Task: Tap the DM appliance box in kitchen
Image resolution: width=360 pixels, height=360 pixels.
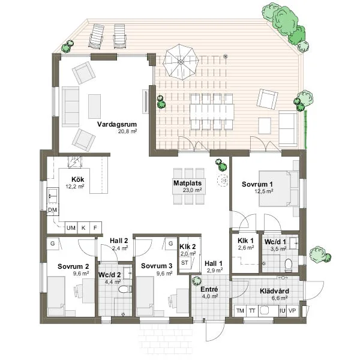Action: [x=52, y=211]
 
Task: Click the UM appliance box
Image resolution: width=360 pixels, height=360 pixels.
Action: [x=71, y=228]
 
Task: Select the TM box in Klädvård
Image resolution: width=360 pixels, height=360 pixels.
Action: [x=239, y=311]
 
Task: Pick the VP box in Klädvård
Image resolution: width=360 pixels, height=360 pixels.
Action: [x=293, y=311]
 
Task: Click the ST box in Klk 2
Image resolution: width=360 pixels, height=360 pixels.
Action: [x=185, y=263]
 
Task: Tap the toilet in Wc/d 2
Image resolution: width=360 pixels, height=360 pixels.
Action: [x=123, y=290]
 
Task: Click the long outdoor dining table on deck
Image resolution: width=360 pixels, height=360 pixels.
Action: [x=209, y=112]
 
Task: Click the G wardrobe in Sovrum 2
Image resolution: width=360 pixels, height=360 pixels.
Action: [x=53, y=244]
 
